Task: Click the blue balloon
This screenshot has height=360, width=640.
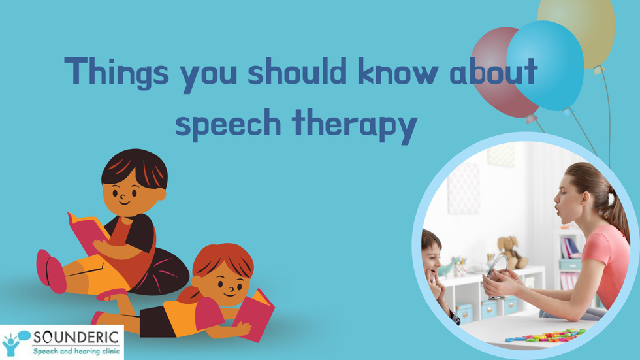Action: pos(545,65)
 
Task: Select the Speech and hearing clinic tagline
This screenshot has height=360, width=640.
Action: pos(76,352)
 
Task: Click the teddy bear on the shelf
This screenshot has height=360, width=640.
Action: pos(511,252)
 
